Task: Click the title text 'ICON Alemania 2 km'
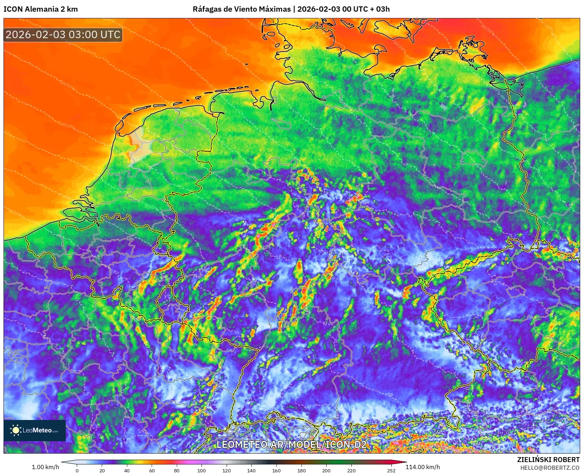pos(41,9)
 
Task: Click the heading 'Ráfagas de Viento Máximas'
pos(241,9)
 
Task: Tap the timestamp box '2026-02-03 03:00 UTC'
pos(63,35)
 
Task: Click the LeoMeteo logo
pos(35,430)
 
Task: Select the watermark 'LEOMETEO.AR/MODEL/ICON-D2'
pos(291,444)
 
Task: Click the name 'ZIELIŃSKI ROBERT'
pos(548,460)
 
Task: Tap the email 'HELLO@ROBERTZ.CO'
pos(550,468)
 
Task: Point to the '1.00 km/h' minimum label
pos(45,467)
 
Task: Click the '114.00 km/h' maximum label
pos(422,467)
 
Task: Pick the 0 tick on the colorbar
pos(77,470)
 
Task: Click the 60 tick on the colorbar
pos(152,470)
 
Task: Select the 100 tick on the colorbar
pos(202,470)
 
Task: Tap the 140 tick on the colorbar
pos(251,470)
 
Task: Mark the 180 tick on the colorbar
pos(301,470)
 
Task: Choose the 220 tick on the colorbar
pos(351,470)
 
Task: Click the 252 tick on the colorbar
pos(391,470)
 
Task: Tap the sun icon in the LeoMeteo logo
pos(16,430)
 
